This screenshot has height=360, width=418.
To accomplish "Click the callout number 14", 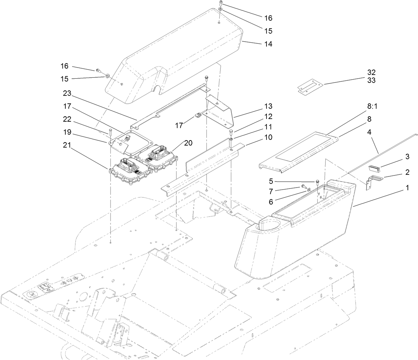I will point(268,44).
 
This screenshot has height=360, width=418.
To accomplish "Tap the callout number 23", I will point(67,93).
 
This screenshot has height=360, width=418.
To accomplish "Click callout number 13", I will point(268,107).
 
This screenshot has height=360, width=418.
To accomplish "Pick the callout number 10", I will point(268,137).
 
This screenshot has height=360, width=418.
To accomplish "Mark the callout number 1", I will point(407,188).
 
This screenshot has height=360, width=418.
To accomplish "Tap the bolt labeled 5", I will point(317,182).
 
